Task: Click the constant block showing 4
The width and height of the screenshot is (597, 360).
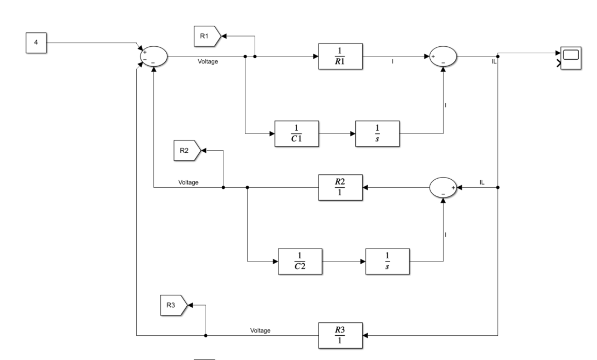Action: click(36, 43)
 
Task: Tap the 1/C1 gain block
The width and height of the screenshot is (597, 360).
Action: click(297, 132)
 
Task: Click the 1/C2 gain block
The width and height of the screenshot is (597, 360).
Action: click(300, 262)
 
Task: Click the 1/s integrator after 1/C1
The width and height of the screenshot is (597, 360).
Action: click(377, 132)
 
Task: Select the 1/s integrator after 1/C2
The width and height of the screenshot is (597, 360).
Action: click(387, 262)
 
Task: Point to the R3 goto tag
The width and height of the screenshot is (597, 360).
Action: click(173, 305)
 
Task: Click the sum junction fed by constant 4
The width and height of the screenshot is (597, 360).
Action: click(153, 56)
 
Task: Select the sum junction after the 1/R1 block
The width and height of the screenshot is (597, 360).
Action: click(443, 56)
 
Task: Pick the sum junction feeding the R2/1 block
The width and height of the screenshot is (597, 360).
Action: click(443, 188)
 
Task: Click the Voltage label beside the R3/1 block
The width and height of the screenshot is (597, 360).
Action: click(261, 330)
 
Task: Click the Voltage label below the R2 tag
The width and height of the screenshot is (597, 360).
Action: click(188, 182)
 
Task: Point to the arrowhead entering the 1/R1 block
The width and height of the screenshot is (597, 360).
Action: click(315, 56)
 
